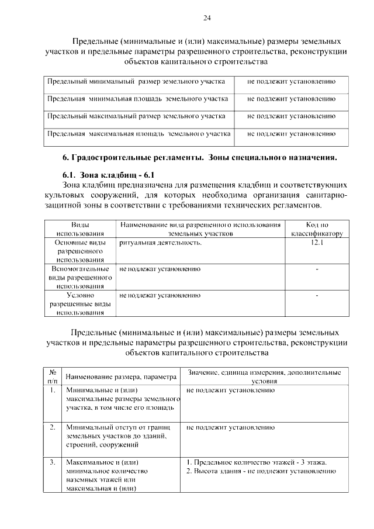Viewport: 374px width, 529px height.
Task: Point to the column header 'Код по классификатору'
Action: (317, 229)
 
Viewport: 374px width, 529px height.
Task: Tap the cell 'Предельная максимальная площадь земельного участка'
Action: (138, 134)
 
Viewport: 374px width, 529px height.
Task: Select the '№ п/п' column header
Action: (53, 376)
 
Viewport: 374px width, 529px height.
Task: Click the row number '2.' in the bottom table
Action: (53, 427)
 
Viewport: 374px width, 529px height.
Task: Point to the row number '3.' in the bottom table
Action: (53, 462)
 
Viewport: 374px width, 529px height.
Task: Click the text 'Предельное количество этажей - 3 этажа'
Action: (257, 462)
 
